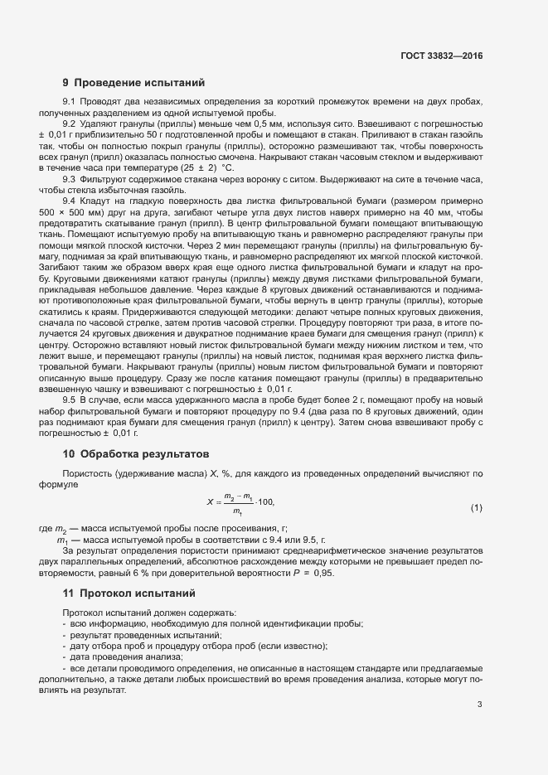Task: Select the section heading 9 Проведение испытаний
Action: pos(128,82)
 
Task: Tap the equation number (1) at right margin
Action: pos(477,506)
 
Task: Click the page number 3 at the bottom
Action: pos(480,705)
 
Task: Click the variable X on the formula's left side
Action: pos(210,502)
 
